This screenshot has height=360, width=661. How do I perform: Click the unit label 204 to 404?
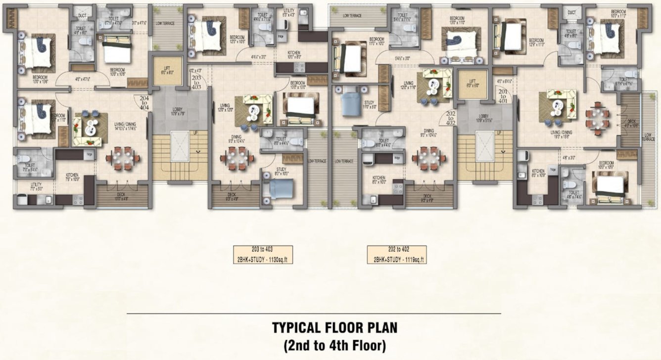(x=144, y=102)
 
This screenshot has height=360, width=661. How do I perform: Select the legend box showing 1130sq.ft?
(x=263, y=254)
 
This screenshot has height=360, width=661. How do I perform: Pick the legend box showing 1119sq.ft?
(x=397, y=254)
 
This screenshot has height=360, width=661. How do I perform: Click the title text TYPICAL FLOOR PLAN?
(x=335, y=327)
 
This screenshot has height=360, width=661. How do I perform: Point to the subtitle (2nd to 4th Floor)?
(x=335, y=344)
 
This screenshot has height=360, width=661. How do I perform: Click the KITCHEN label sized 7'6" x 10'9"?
(x=72, y=177)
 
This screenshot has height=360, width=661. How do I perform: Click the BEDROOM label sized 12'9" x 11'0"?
(x=536, y=43)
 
